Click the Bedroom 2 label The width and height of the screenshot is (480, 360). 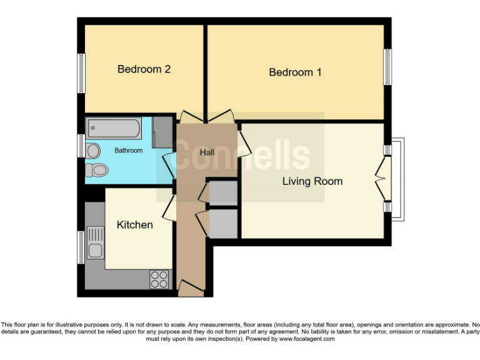click(144, 69)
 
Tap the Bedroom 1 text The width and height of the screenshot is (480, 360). click(295, 72)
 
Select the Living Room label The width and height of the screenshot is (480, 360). click(312, 182)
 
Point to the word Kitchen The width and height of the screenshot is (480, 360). click(134, 224)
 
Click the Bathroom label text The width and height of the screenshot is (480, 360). click(128, 151)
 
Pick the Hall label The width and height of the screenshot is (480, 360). click(207, 152)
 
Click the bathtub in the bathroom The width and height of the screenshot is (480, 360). click(113, 129)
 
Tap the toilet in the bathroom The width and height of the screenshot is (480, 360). click(97, 169)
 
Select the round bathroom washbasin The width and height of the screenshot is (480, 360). click(93, 151)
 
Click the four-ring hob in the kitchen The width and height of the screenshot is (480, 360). click(159, 279)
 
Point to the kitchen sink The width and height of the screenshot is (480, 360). click(96, 244)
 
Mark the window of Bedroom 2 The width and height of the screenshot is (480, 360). click(81, 73)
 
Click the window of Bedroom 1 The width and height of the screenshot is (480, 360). click(388, 66)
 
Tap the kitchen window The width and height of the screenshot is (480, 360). click(81, 247)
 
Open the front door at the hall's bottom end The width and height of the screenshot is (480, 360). click(190, 287)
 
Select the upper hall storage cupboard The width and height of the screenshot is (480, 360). click(222, 194)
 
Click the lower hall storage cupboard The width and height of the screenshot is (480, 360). click(222, 223)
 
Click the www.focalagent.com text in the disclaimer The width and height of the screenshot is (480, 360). click(306, 338)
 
